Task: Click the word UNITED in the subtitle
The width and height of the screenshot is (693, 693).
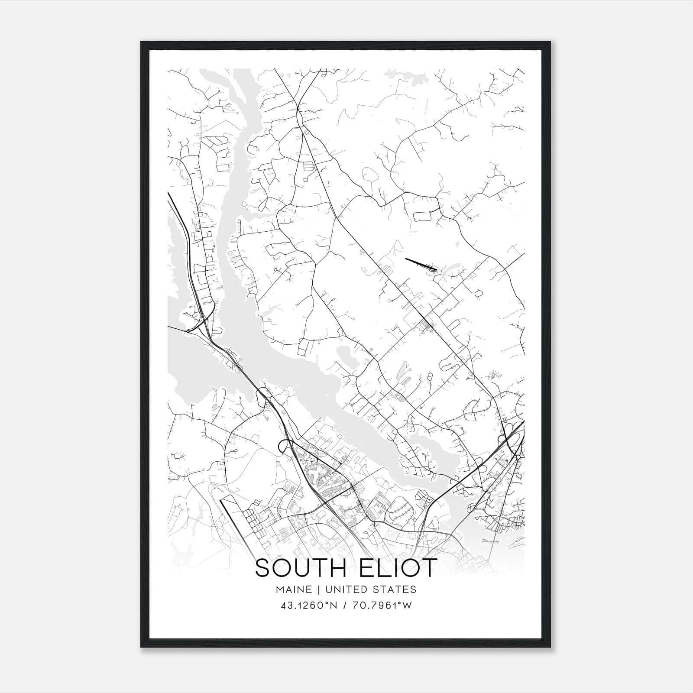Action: point(345,589)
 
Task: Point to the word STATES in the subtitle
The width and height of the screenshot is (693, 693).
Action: point(394,589)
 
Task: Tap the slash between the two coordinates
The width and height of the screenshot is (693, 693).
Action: point(346,606)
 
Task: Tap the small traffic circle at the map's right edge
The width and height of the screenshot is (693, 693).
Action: point(518,456)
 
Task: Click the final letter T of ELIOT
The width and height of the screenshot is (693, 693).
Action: point(428,568)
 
